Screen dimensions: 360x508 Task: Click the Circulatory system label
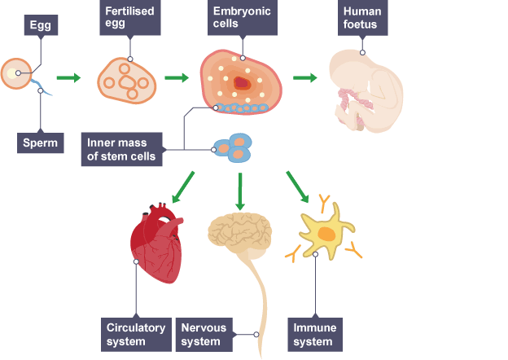pyautogui.click(x=136, y=334)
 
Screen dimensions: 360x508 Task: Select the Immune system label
pyautogui.click(x=313, y=334)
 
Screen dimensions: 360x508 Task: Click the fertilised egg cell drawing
pyautogui.click(x=126, y=79)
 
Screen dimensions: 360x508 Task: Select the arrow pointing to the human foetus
pyautogui.click(x=304, y=78)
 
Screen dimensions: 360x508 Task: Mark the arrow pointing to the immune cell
pyautogui.click(x=297, y=187)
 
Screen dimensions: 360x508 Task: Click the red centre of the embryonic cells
pyautogui.click(x=241, y=82)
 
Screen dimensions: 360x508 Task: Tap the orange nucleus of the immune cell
pyautogui.click(x=326, y=235)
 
